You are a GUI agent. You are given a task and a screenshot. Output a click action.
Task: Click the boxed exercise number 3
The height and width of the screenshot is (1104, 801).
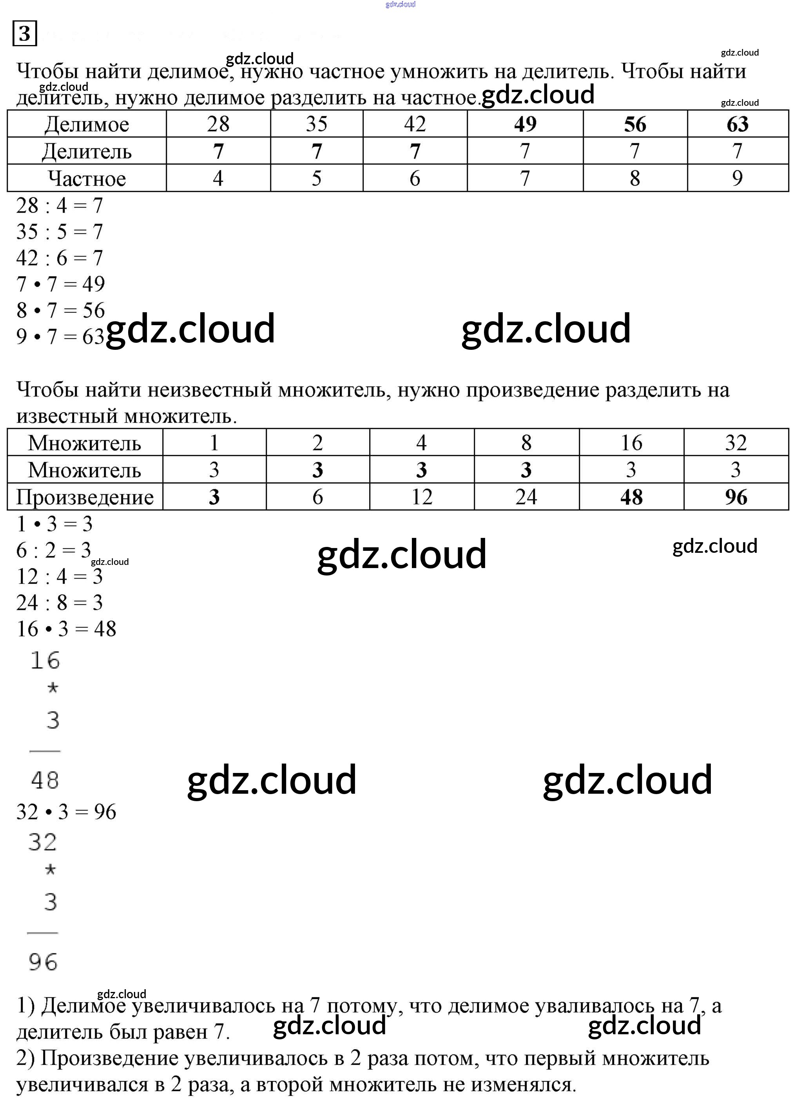click(x=24, y=33)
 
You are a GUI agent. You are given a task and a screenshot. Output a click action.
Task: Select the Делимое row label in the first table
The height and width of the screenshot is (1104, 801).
click(x=87, y=125)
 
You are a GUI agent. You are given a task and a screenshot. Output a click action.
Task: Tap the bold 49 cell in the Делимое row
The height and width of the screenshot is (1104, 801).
click(x=525, y=124)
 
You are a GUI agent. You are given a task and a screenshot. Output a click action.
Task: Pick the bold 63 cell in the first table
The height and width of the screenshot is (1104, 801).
click(x=737, y=124)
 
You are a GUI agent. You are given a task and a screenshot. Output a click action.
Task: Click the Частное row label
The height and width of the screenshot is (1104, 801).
click(x=87, y=179)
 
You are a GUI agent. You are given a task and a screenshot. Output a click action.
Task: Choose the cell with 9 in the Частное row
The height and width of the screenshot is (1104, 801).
click(x=737, y=178)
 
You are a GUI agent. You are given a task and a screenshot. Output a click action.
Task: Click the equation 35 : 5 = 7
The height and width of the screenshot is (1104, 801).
click(x=60, y=232)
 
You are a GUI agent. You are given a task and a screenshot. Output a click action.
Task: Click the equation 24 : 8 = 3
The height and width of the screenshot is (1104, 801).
click(x=60, y=603)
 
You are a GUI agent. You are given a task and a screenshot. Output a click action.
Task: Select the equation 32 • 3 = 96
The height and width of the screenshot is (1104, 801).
click(x=66, y=811)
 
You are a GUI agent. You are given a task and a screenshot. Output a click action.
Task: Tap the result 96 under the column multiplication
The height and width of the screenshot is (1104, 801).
click(x=43, y=962)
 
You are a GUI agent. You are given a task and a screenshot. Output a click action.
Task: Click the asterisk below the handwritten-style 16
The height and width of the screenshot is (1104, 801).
click(x=53, y=688)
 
